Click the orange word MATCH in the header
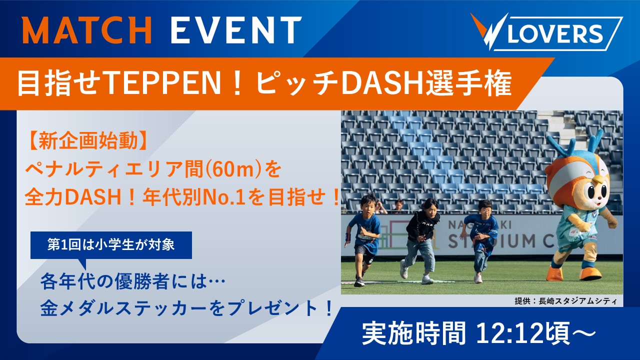[87, 30]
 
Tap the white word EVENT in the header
[236, 30]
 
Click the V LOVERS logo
[546, 31]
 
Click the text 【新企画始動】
[87, 141]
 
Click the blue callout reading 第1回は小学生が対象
[111, 245]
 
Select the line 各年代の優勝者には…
[133, 281]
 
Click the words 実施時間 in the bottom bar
[413, 333]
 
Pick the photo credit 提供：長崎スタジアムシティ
[565, 301]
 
